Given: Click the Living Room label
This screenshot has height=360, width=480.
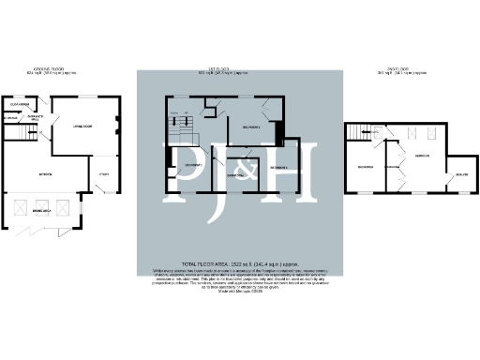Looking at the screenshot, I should (x=81, y=126).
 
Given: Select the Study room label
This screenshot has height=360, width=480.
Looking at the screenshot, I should (x=102, y=172).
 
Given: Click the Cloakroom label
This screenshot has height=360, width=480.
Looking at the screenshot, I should (x=20, y=104).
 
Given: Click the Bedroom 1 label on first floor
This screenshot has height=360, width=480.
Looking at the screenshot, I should (x=249, y=126).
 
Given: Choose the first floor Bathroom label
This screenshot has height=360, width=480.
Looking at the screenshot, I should (x=234, y=174).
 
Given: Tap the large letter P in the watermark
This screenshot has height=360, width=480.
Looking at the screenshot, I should (x=187, y=169).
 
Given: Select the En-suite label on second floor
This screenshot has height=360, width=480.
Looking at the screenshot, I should (x=462, y=174).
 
